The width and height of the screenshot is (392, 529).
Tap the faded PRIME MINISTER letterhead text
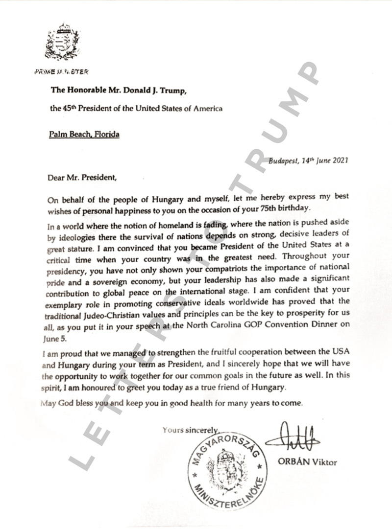pos(62,72)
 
